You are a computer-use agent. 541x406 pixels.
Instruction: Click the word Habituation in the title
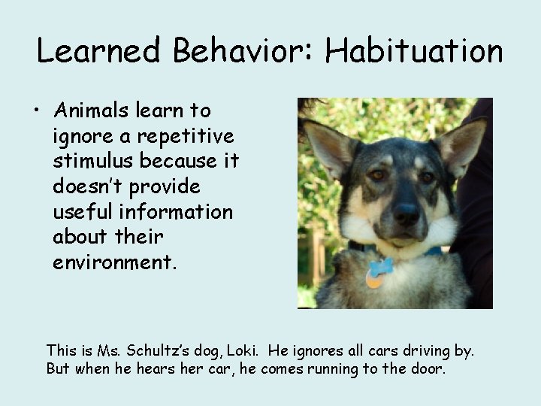(414, 51)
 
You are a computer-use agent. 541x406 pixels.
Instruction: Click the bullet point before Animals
(36, 111)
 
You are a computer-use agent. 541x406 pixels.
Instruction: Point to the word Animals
(95, 111)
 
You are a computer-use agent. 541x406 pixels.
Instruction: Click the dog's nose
(407, 214)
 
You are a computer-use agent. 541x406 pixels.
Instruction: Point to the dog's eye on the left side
(376, 175)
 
